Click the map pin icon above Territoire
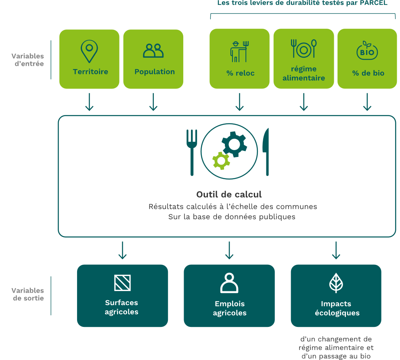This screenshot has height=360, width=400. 89,51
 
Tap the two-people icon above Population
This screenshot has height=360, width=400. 153,50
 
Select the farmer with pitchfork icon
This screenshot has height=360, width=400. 239,52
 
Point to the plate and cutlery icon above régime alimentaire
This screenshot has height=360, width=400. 304,48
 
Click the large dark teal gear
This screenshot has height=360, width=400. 234,144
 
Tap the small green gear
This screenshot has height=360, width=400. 221,161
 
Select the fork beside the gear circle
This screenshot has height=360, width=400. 192,153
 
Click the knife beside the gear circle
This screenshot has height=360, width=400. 266,152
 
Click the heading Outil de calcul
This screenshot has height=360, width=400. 229,195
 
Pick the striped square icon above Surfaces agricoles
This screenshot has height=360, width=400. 122,283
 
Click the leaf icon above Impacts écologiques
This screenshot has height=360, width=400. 336,283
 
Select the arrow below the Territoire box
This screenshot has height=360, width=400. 89,102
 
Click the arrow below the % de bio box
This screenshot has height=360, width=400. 367,102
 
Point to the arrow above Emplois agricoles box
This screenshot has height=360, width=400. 229,250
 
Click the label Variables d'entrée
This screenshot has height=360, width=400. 27,60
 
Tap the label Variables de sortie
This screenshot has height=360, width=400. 27,294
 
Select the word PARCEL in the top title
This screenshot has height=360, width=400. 373,3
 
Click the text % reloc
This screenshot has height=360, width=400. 240,73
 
